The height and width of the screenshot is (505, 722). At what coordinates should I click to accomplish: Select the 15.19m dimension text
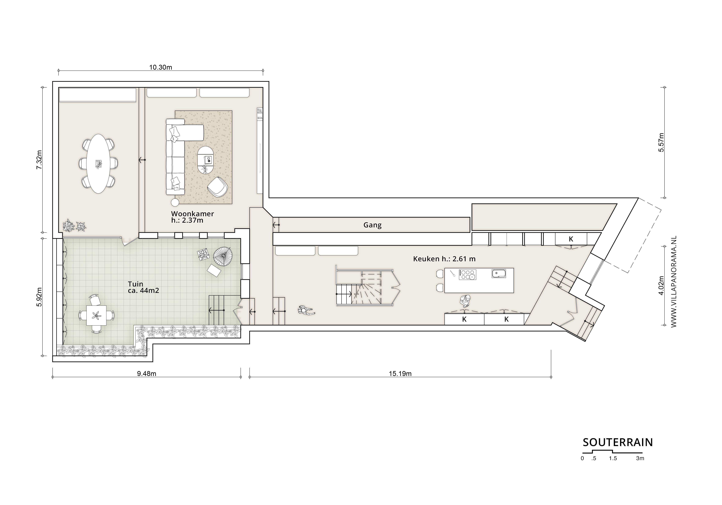[400, 374]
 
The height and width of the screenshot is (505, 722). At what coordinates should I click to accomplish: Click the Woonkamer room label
[192, 214]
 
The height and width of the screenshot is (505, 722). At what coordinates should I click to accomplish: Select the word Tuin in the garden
[136, 284]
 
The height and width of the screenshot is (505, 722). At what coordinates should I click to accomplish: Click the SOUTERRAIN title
[618, 442]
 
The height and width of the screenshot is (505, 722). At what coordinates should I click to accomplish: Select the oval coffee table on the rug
[206, 160]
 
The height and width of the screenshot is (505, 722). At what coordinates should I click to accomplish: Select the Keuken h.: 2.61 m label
[444, 259]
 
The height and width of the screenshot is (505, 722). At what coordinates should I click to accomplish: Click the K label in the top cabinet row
[571, 239]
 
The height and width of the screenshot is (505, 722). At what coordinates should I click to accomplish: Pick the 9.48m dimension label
[147, 374]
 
